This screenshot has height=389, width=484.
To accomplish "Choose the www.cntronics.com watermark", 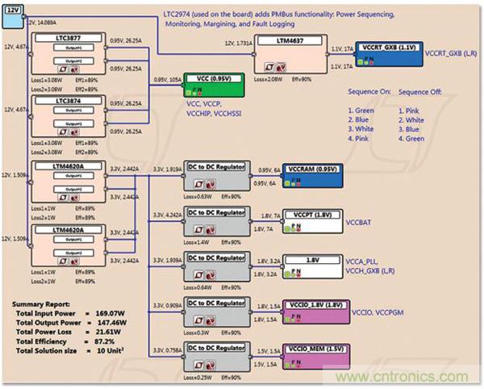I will coord(428,377).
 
